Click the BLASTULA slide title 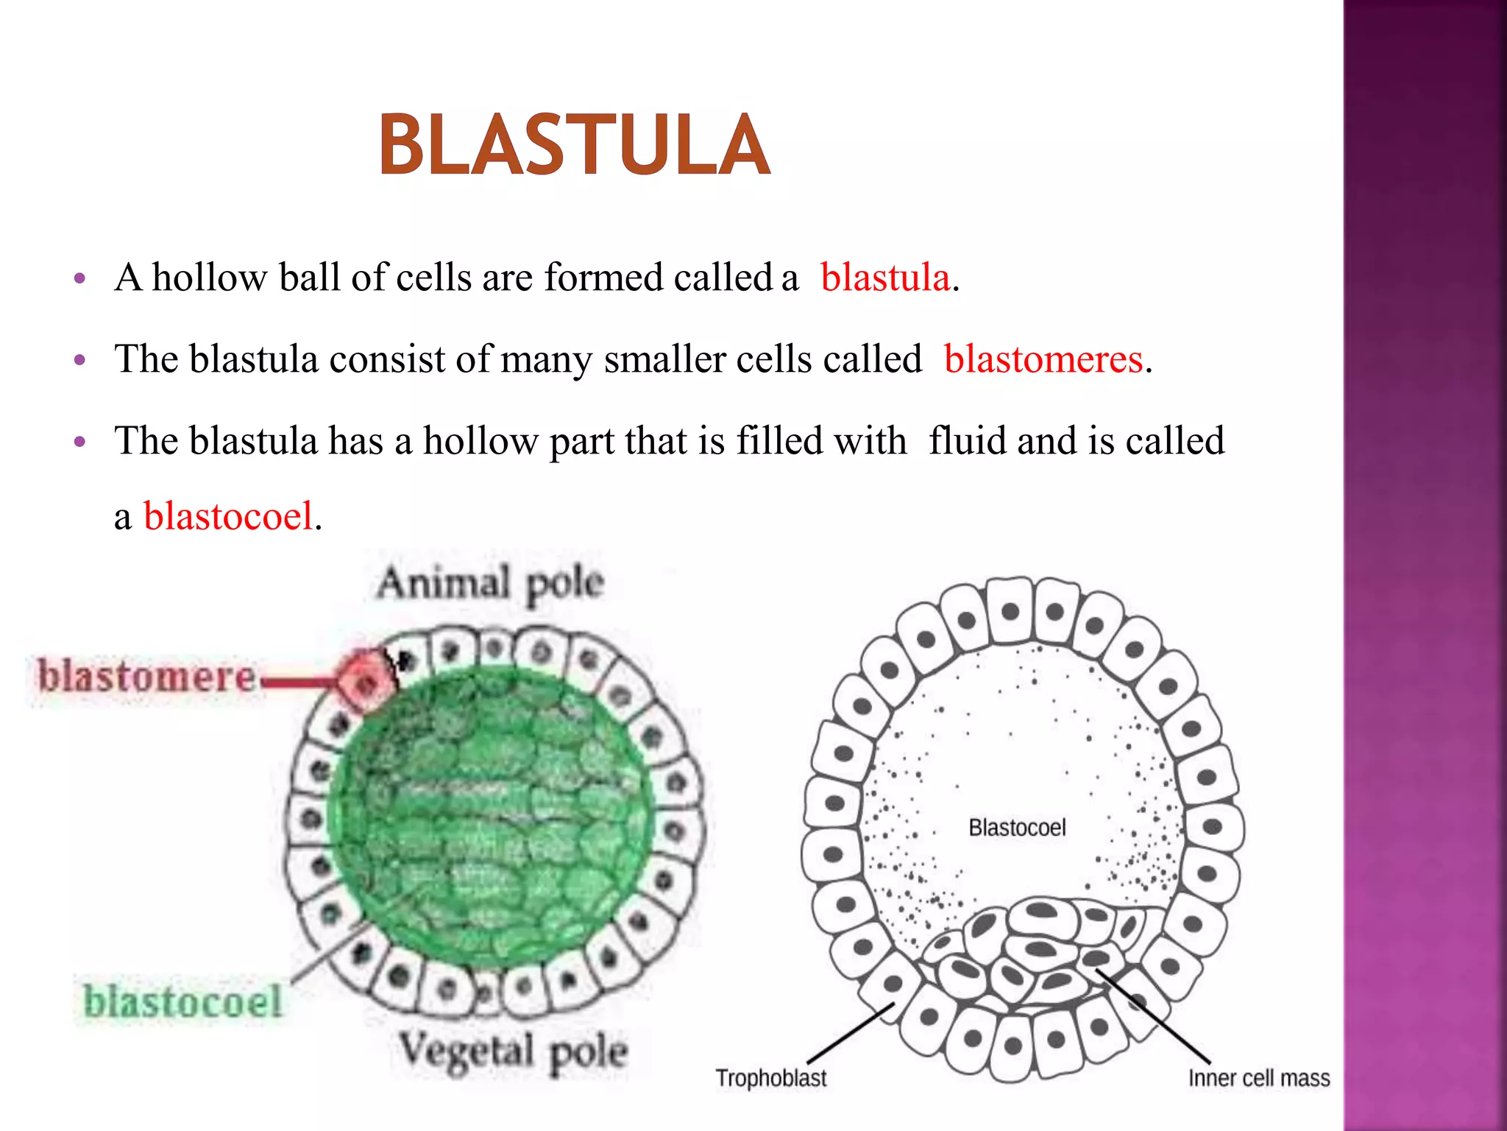click(x=575, y=145)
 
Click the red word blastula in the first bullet click(x=885, y=278)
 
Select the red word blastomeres click(x=1043, y=360)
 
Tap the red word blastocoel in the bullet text click(x=228, y=515)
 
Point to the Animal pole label click(x=491, y=583)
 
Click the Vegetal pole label click(x=514, y=1051)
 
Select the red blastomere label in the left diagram click(x=146, y=676)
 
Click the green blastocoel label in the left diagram click(x=182, y=1002)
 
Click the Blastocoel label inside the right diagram click(x=1017, y=828)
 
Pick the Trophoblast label click(x=771, y=1078)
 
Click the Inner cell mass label click(x=1259, y=1079)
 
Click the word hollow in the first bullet click(x=209, y=278)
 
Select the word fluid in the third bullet click(x=967, y=441)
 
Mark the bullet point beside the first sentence click(x=80, y=279)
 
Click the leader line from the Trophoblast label click(x=850, y=1034)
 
